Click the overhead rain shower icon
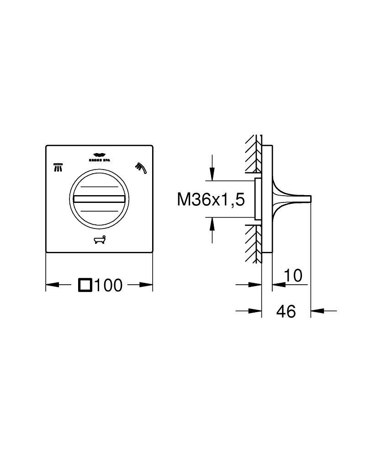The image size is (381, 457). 58,167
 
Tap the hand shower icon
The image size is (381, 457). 140,168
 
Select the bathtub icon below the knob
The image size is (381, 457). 99,239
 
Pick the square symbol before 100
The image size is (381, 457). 85,285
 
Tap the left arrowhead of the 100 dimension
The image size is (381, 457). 52,285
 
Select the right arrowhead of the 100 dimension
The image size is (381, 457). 147,285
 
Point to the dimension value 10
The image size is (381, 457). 293,276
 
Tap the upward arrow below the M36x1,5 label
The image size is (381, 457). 212,224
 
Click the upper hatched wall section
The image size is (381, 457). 253,153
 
